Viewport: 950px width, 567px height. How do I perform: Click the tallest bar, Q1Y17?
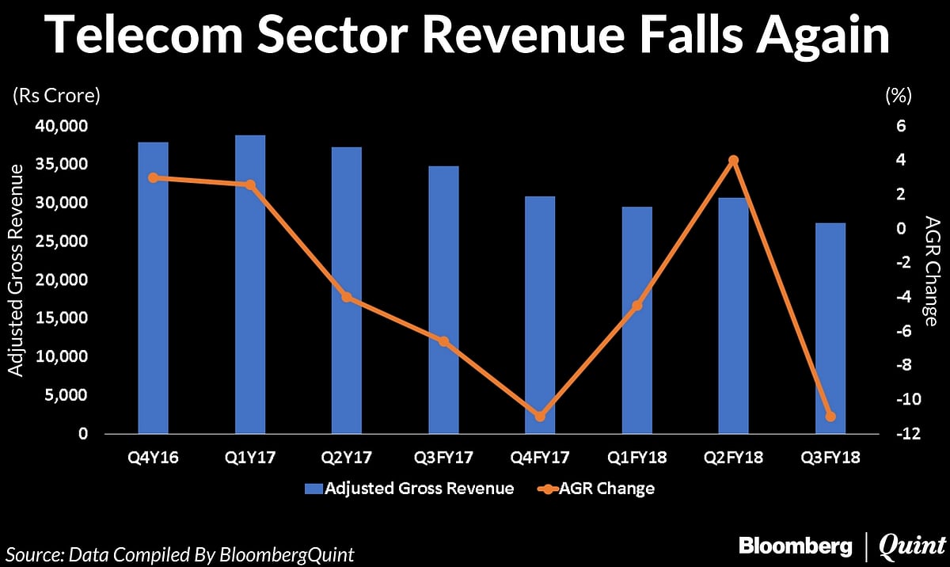tap(249, 284)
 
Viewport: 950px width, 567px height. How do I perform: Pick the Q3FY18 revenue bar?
tap(830, 328)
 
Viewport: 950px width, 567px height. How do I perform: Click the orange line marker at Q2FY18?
tap(733, 160)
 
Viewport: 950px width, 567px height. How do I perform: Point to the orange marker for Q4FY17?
tap(540, 416)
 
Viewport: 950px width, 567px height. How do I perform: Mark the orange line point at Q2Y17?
tap(346, 298)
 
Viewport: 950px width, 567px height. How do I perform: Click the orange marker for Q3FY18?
tap(830, 416)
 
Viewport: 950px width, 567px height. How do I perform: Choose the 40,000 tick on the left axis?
tap(61, 126)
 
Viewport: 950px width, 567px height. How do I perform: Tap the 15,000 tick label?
tap(61, 318)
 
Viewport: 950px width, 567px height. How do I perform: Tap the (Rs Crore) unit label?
tap(55, 97)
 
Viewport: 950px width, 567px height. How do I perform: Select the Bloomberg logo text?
tap(795, 546)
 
